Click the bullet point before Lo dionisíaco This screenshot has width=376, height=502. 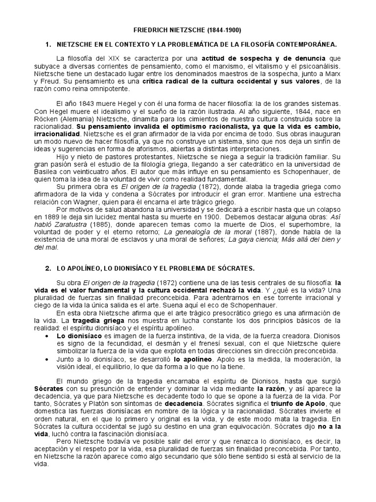tap(46, 336)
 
